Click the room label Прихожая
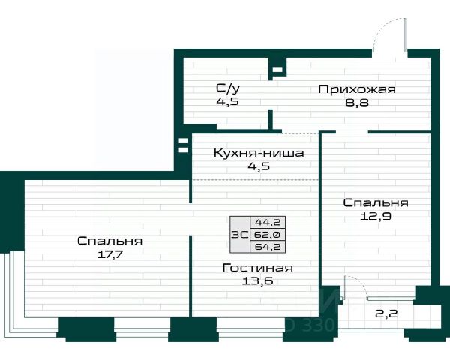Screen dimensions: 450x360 point(357,89)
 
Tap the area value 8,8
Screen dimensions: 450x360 point(357,103)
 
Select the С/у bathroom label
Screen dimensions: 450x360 point(228,88)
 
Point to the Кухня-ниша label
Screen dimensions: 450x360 point(259,153)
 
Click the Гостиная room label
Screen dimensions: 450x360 point(258,268)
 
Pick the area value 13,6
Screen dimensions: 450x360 point(257,280)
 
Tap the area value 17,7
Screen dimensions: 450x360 point(110,254)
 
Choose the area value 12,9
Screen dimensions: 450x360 point(376,216)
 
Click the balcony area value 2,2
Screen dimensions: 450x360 point(386,313)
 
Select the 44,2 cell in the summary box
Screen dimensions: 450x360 point(268,222)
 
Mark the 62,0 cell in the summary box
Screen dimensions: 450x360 point(268,235)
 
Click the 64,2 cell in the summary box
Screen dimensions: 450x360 point(268,247)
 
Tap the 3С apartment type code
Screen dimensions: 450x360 point(240,235)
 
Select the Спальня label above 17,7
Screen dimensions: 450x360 point(110,241)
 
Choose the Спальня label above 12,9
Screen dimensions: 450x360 point(376,203)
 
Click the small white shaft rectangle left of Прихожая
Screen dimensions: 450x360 point(277,70)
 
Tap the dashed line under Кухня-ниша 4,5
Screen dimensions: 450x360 point(256,179)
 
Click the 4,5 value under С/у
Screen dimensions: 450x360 point(227,101)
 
